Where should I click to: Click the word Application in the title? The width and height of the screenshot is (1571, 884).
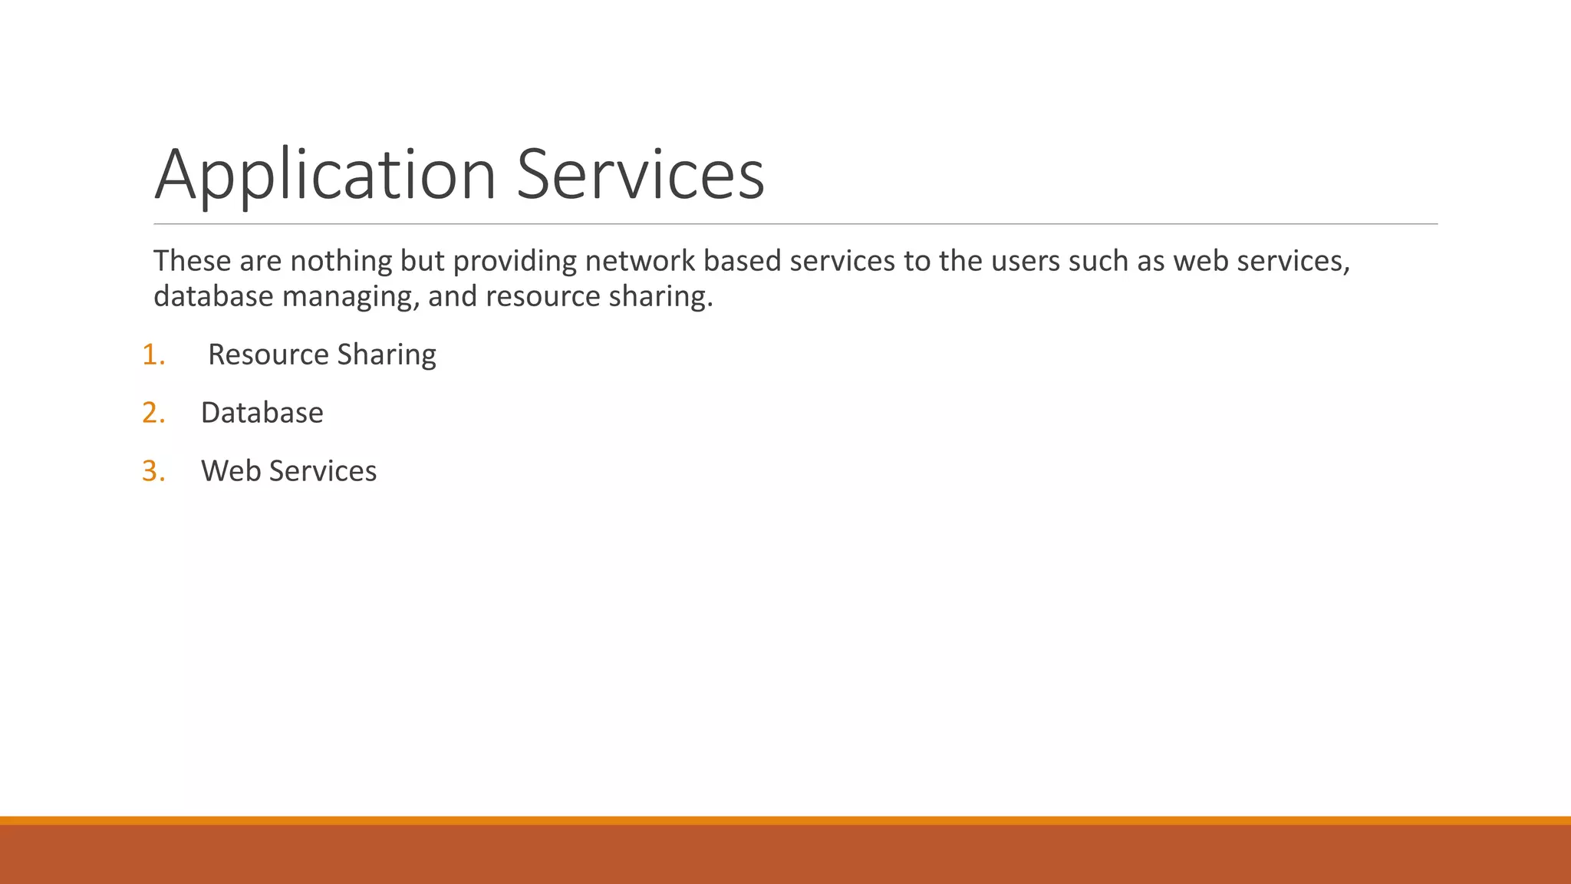point(325,175)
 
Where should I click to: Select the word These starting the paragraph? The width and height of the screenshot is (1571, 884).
point(192,261)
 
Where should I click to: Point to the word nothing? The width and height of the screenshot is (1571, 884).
point(341,262)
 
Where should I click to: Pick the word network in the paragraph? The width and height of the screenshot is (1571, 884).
point(640,261)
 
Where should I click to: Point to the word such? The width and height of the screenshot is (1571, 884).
point(1098,261)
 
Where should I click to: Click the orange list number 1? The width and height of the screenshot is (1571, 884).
point(153,355)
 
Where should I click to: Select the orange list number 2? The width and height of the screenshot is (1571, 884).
point(153,413)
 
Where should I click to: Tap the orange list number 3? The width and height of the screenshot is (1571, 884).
point(153,471)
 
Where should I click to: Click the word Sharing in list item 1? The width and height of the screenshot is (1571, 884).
point(387,355)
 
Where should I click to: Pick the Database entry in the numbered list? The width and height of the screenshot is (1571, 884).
point(262,413)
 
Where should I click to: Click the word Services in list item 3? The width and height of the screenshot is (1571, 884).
point(323,471)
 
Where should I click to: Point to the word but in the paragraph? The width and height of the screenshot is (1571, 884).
point(422,261)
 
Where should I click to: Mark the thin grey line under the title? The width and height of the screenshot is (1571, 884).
point(795,224)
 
